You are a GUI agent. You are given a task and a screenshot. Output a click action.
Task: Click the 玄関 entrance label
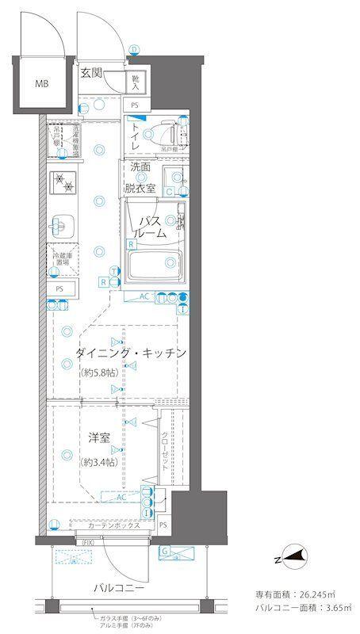coord(91,73)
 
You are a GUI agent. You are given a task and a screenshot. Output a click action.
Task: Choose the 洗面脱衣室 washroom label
coord(140,181)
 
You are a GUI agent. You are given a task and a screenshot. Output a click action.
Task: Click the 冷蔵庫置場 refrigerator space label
coord(63,260)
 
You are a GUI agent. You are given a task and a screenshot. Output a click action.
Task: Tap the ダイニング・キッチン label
coord(132,353)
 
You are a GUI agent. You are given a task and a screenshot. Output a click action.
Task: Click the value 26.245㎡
coord(321,594)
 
